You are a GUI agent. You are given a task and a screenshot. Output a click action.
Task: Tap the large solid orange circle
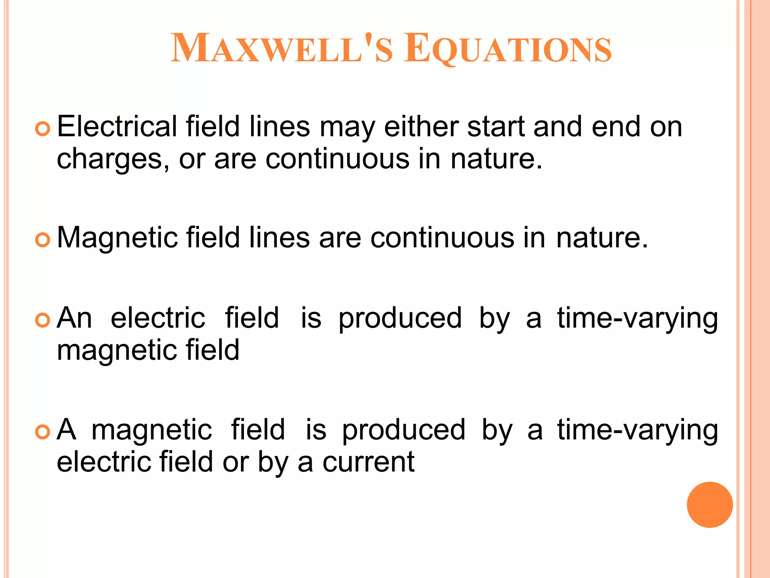[709, 505]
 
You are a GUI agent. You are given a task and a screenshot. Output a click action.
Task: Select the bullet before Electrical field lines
[42, 129]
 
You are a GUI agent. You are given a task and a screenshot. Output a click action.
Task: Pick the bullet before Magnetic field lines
[42, 240]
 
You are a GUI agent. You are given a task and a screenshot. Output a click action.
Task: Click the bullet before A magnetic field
[42, 432]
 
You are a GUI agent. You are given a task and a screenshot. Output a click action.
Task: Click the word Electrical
[117, 126]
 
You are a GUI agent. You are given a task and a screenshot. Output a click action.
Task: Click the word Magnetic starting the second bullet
[117, 238]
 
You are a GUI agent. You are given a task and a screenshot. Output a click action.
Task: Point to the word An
[74, 318]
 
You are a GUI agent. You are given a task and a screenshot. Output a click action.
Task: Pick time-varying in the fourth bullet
[637, 430]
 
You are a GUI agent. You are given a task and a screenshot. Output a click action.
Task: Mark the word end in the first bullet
[616, 126]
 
